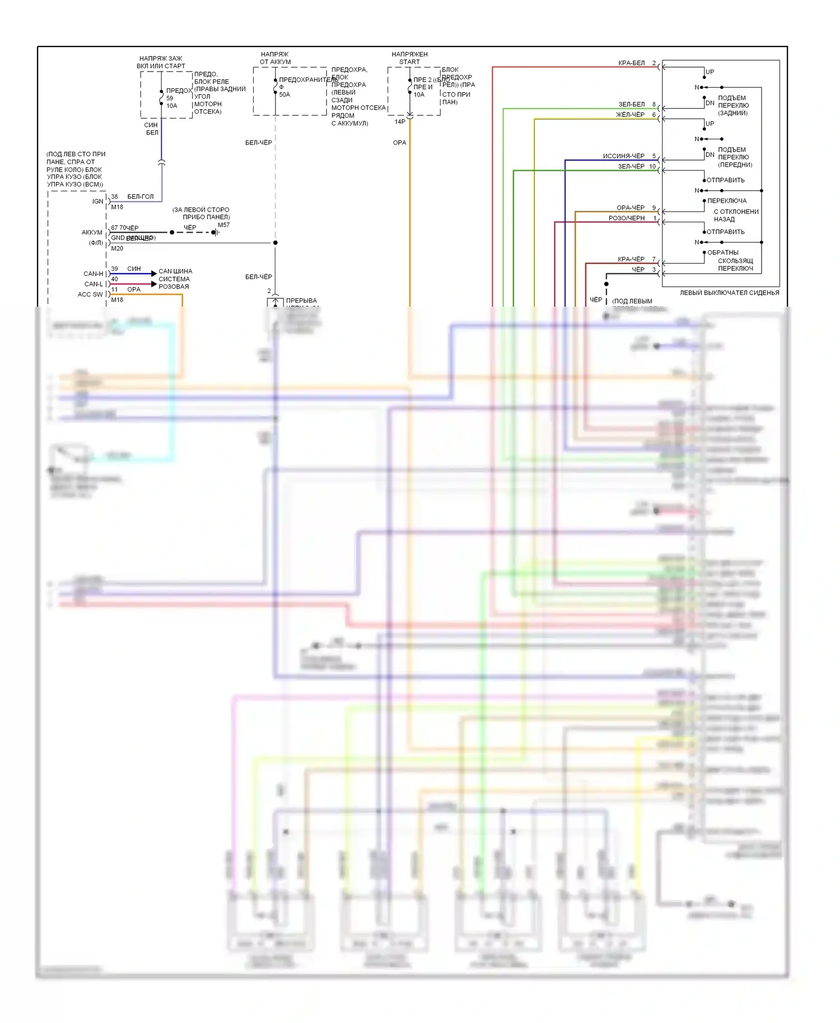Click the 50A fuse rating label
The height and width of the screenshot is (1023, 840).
[x=284, y=95]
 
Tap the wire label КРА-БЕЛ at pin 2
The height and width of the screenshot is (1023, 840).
[x=631, y=63]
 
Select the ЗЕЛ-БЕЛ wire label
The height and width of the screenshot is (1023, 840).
[x=631, y=105]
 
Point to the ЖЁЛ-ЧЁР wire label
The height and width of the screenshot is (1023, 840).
[x=630, y=115]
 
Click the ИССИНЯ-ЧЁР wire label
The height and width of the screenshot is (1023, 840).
[x=623, y=156]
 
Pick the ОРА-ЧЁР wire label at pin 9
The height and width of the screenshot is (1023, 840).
[x=630, y=208]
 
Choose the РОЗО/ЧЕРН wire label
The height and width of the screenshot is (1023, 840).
[x=626, y=218]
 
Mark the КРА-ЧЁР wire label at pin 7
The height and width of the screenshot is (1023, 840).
[x=631, y=259]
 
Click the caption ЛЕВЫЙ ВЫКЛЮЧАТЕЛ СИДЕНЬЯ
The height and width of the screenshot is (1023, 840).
[x=729, y=293]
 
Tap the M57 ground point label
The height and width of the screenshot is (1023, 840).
[x=223, y=225]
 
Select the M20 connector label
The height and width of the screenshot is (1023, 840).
[x=117, y=248]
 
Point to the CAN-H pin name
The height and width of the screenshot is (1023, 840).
[x=94, y=274]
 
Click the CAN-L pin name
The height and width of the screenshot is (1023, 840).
[x=94, y=284]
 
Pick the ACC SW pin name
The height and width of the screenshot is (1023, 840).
[x=90, y=294]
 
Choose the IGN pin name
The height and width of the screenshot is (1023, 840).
[x=97, y=201]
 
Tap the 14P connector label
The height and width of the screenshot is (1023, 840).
[x=400, y=121]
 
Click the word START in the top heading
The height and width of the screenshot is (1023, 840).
[x=409, y=62]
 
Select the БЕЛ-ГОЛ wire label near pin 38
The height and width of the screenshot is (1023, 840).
[x=140, y=197]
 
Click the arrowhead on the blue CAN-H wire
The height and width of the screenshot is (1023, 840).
[x=154, y=274]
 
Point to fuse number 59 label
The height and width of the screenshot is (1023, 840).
[x=170, y=98]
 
